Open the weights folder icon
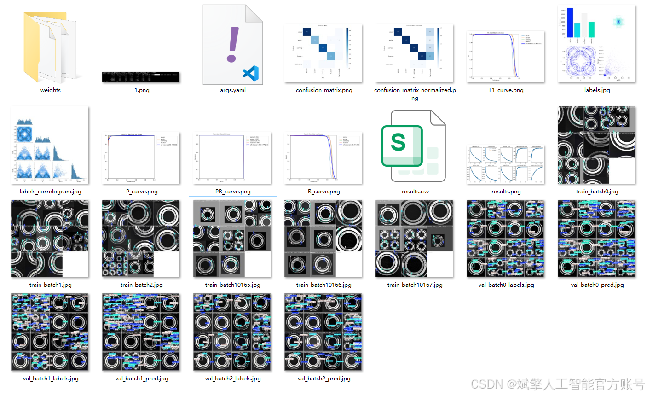tap(51, 46)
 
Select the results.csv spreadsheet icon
tap(413, 146)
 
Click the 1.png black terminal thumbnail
tap(141, 77)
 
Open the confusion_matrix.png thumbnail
tap(323, 53)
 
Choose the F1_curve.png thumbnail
tap(505, 57)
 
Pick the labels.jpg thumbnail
tap(596, 44)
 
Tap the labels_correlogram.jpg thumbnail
tap(50, 145)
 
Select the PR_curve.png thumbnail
tap(232, 158)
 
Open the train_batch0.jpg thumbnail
tap(596, 145)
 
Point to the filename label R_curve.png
tap(324, 192)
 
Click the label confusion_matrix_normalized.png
tap(415, 93)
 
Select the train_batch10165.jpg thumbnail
tap(232, 239)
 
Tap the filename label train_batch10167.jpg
tap(415, 285)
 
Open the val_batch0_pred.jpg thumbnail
tap(596, 239)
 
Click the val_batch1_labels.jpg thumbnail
tap(50, 332)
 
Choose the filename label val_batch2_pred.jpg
tap(324, 379)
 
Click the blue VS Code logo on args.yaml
tap(251, 74)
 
